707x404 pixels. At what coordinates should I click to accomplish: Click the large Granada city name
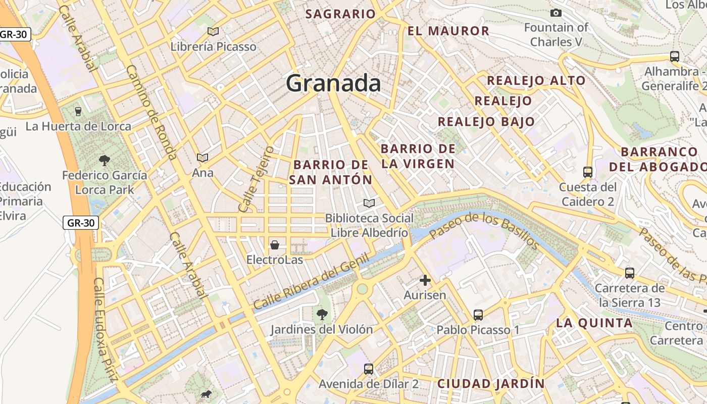click(333, 83)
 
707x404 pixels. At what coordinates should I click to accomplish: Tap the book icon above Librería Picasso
click(213, 32)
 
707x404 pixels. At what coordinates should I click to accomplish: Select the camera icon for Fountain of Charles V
click(556, 13)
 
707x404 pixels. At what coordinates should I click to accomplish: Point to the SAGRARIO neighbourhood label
click(340, 14)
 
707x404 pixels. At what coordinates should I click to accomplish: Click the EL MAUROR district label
click(448, 31)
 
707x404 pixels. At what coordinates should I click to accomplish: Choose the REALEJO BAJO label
click(486, 122)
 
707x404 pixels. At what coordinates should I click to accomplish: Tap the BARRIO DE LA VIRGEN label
click(418, 156)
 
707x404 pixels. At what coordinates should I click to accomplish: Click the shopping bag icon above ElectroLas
click(275, 245)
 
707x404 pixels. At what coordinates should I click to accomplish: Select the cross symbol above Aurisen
click(425, 280)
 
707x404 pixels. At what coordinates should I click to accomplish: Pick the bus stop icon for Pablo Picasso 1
click(478, 315)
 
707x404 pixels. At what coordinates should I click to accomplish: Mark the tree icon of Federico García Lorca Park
click(105, 161)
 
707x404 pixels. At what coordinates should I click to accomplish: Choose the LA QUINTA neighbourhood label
click(594, 323)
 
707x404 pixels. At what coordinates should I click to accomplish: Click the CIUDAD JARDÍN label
click(491, 384)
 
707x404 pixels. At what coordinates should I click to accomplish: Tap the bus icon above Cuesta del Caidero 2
click(588, 172)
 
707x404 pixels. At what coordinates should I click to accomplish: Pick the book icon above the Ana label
click(203, 158)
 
